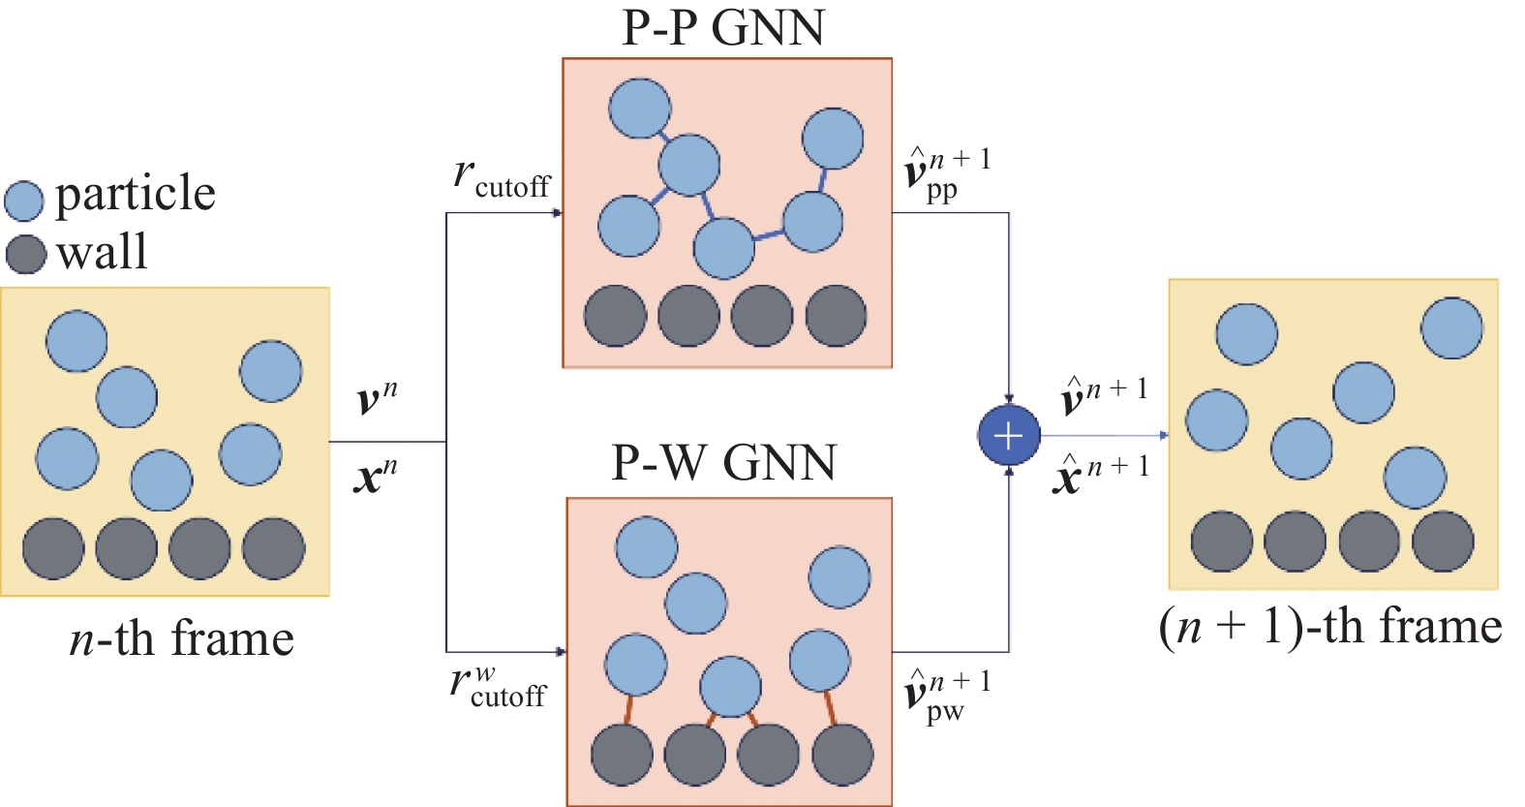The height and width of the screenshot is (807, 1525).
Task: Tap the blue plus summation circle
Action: pyautogui.click(x=1008, y=436)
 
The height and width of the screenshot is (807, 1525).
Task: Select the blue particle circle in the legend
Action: pyautogui.click(x=24, y=201)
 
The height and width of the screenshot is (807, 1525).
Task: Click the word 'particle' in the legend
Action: pyautogui.click(x=135, y=195)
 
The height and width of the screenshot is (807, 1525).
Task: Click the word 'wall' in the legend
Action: pyautogui.click(x=102, y=252)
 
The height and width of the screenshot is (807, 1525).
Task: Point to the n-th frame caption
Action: pyautogui.click(x=181, y=639)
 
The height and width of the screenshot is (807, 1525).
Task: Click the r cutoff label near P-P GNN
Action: pyautogui.click(x=501, y=178)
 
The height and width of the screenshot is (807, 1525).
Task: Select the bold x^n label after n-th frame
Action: pyautogui.click(x=376, y=475)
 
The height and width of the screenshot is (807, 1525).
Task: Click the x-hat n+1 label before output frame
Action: pyautogui.click(x=1100, y=473)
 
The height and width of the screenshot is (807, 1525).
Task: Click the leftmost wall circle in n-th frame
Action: pyautogui.click(x=53, y=548)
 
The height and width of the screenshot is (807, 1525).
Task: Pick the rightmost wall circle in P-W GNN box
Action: pyautogui.click(x=842, y=755)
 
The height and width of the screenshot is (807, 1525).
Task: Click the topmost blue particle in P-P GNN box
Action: pyautogui.click(x=640, y=109)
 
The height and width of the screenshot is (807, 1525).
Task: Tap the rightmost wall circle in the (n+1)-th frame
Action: pyautogui.click(x=1443, y=542)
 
